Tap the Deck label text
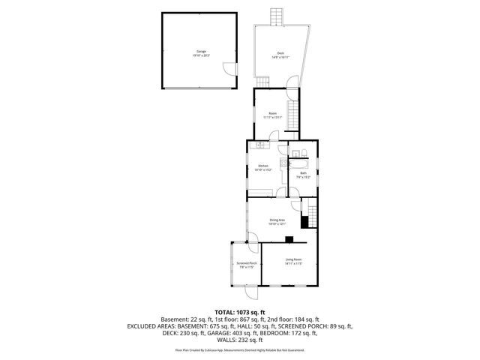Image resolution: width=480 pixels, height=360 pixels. click(280, 52)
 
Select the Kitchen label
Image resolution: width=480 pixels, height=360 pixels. click(263, 166)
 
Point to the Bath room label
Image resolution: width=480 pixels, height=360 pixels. click(303, 173)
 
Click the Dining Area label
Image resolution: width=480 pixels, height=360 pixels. click(277, 220)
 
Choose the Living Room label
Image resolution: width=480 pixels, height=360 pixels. click(293, 259)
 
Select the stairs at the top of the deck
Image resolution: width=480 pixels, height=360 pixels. click(277, 16)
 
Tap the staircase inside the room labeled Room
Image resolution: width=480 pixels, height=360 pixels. click(294, 116)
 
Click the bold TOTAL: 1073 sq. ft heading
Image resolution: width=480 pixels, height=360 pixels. click(239, 311)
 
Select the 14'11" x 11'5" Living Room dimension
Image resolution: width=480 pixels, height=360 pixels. click(293, 264)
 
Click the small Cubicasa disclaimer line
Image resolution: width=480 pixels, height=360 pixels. click(240, 349)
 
